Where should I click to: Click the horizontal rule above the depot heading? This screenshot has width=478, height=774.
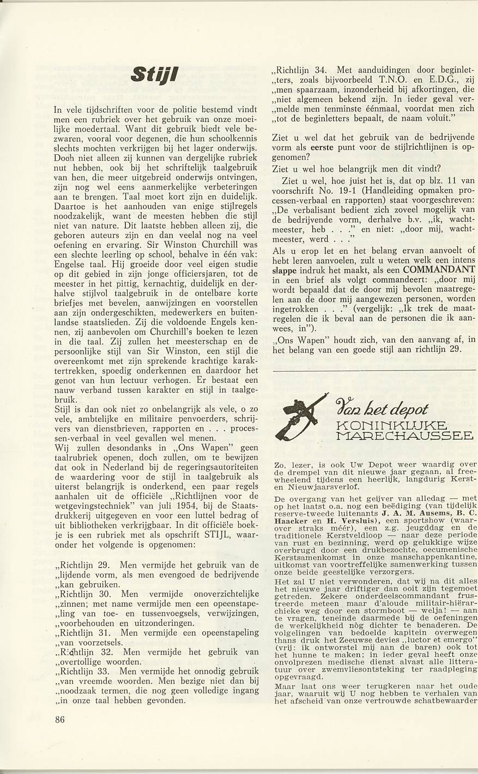click(373, 370)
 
